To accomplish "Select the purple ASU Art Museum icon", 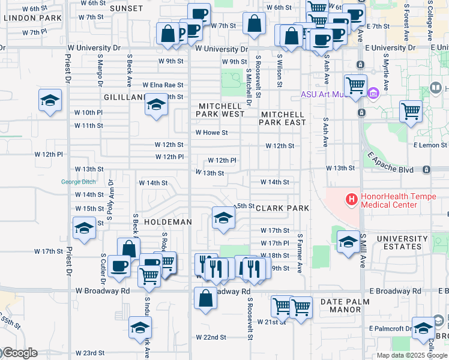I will click(372, 94).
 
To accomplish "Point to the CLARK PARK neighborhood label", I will click(282, 208).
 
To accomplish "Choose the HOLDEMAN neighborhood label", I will click(168, 222).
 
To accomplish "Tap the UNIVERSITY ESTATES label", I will click(402, 243).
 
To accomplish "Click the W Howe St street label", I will click(212, 133).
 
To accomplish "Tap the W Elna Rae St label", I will click(163, 85).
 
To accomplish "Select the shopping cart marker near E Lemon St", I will click(411, 111).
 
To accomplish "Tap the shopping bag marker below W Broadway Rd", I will click(205, 298).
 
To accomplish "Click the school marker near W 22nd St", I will click(140, 328).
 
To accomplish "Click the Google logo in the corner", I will click(19, 353).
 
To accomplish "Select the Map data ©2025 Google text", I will click(411, 355).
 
